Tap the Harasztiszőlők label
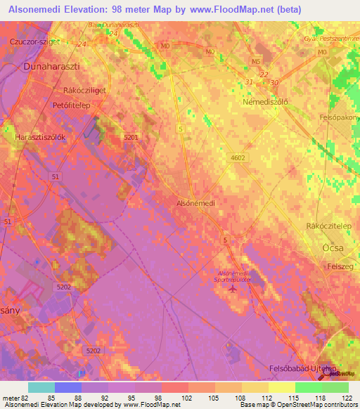coord(40,138)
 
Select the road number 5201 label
coord(131,138)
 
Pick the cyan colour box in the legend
coord(41,387)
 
